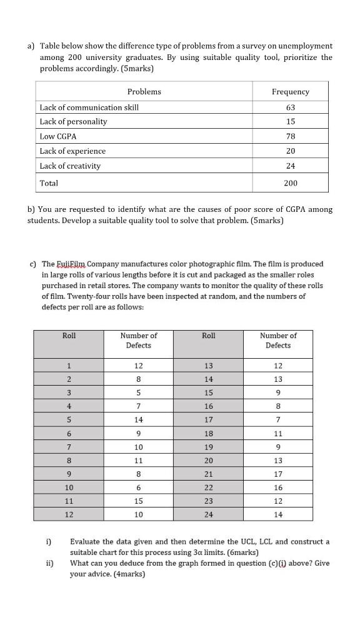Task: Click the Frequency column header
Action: tap(290, 92)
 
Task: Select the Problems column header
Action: tap(144, 92)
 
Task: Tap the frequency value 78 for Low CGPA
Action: tap(290, 136)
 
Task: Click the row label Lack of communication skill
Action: tap(89, 107)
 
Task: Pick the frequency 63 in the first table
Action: tap(290, 107)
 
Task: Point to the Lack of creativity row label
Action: tap(70, 166)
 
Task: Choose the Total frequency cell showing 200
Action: tap(290, 183)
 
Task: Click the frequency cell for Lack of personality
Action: tap(290, 122)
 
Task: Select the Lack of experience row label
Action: tap(72, 151)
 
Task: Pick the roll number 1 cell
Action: tap(69, 366)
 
